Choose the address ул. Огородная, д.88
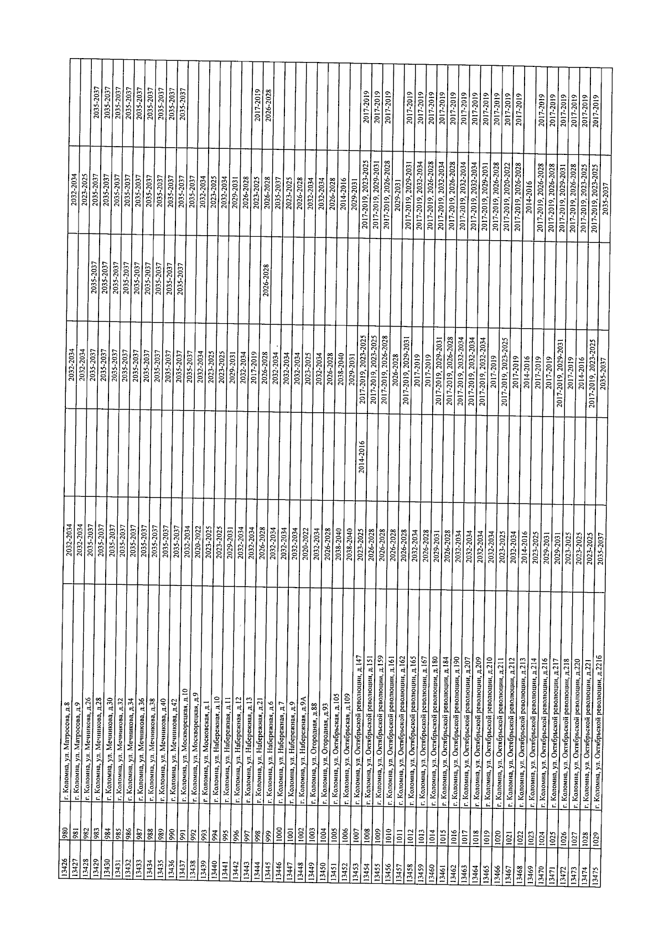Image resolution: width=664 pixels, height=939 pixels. tap(314, 760)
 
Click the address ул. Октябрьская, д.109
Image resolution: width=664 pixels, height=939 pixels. tap(345, 755)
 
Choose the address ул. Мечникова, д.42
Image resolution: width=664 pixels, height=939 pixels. tap(173, 758)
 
